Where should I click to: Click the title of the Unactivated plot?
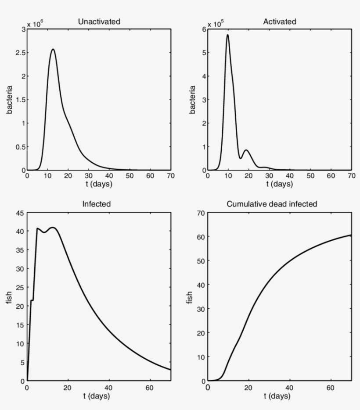(99, 21)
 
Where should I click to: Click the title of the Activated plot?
(280, 21)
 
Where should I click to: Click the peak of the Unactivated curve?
(53, 49)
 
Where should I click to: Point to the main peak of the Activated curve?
(227, 35)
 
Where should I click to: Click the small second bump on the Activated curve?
(246, 150)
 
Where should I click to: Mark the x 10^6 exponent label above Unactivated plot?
(36, 24)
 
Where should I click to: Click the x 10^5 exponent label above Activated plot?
(216, 24)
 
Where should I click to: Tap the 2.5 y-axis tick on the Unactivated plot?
(20, 53)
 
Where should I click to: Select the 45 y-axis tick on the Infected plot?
(19, 214)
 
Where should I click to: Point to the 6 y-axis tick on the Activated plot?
(204, 29)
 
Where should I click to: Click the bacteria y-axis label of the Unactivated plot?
(9, 100)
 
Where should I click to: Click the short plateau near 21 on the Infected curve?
(32, 300)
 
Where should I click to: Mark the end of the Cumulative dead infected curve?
(351, 235)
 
